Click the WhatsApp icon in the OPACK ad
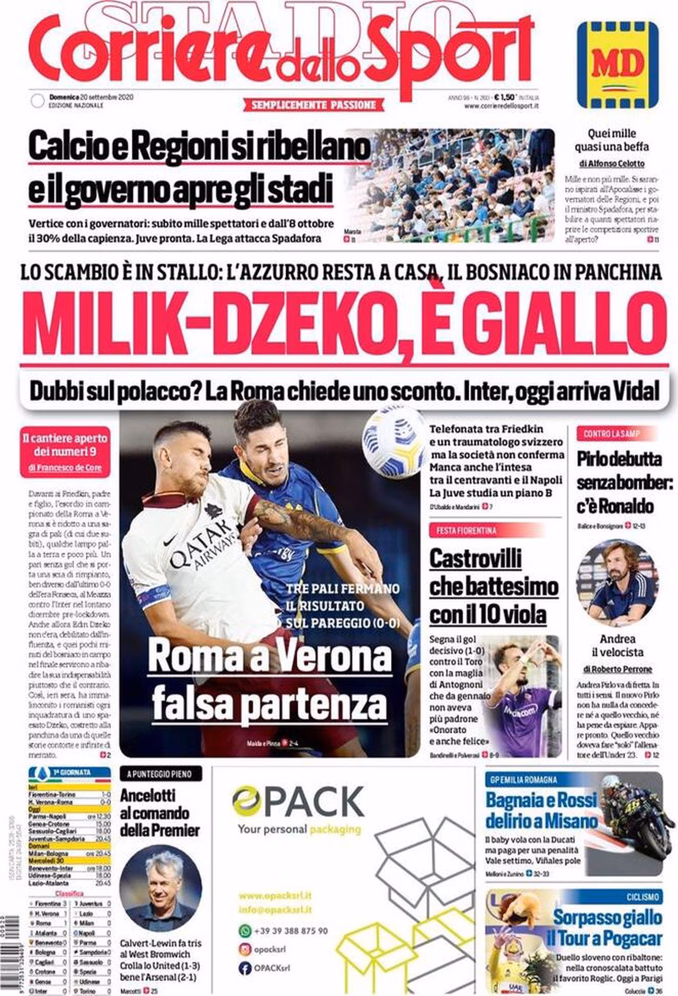pos(245,930)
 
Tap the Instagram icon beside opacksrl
pos(245,949)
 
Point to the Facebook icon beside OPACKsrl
pos(245,968)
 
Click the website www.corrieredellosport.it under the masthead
pos(501,106)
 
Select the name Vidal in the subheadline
pos(637,392)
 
